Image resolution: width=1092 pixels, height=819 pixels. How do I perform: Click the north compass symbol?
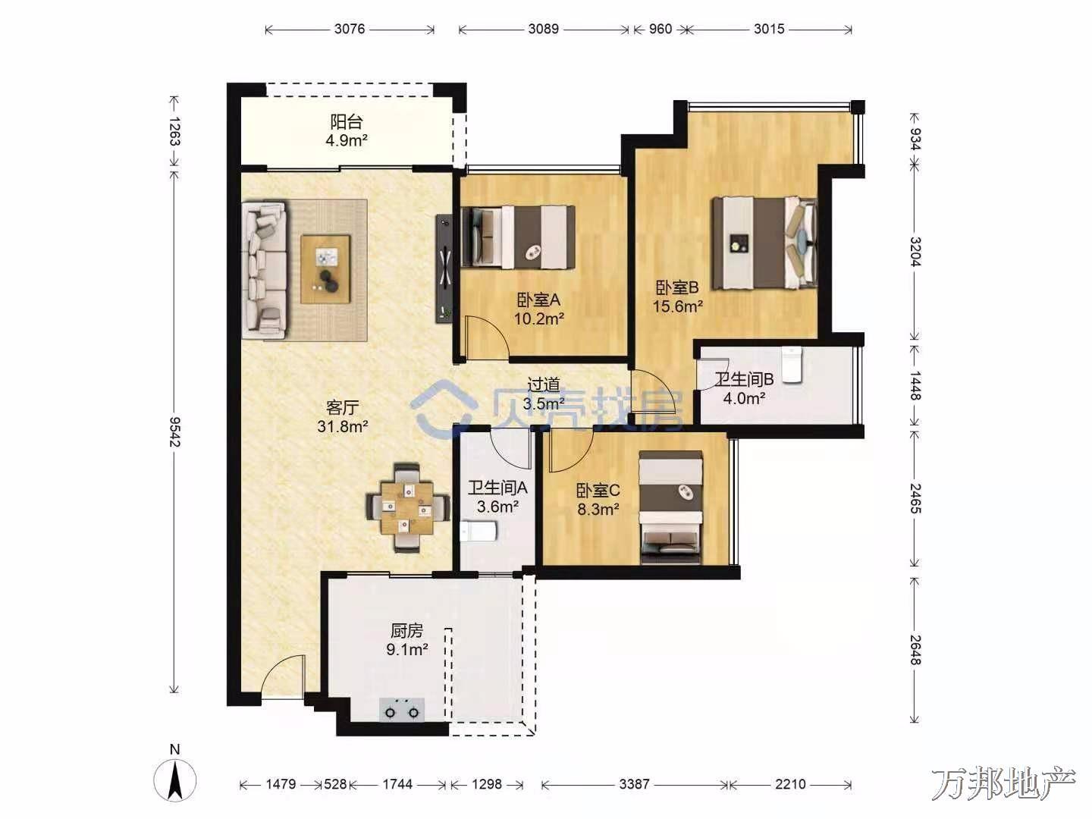pos(174,775)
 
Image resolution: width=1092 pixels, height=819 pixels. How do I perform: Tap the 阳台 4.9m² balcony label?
pos(347,130)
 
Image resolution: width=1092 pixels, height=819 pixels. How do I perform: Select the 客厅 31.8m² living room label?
pos(343,417)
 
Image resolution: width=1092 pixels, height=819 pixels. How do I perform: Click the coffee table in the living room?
pos(326,269)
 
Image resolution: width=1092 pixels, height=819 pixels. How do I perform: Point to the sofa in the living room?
pos(264,270)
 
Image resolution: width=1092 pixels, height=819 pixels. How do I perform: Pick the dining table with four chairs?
pos(408,508)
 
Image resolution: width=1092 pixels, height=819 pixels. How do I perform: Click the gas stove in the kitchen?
pos(402,709)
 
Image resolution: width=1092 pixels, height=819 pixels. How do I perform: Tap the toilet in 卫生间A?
pos(478,531)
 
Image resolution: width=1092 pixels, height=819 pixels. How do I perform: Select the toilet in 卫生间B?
pos(792,365)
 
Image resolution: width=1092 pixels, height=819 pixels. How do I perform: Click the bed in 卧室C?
pos(670,507)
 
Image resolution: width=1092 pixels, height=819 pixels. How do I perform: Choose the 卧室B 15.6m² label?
pos(678,297)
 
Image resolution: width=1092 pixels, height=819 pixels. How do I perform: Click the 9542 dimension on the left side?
pos(174,431)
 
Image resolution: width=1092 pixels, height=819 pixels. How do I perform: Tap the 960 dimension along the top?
pos(661,29)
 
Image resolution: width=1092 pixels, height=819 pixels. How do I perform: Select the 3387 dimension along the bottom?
pos(634,784)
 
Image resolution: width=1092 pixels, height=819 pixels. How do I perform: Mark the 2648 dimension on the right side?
pos(915,650)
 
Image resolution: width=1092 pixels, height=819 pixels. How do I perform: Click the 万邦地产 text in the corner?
pos(1003,784)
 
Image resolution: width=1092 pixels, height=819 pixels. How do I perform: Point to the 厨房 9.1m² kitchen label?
pos(407,640)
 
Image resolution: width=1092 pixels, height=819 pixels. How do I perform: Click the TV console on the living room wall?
pos(444,269)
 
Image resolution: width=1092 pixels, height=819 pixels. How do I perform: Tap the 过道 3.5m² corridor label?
pos(544,394)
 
